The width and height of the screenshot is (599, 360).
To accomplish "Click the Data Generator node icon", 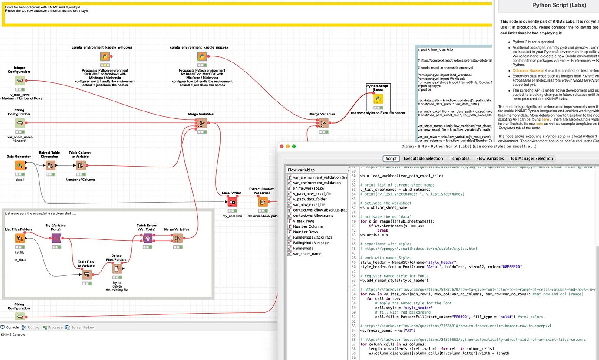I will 19,166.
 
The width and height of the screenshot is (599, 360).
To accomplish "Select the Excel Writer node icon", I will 232,202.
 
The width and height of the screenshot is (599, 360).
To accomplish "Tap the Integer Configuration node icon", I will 20,81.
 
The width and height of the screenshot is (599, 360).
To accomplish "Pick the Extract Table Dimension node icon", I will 50,165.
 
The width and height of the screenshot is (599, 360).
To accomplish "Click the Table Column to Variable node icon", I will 80,165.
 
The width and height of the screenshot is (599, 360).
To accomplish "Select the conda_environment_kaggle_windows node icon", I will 105,56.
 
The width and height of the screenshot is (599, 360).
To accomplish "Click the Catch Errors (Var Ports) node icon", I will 148,238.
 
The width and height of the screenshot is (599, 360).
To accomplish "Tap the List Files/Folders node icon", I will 20,238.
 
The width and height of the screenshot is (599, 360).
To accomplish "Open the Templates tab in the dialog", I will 459,158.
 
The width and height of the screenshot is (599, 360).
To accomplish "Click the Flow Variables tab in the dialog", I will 490,158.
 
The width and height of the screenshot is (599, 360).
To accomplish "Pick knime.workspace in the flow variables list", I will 308,188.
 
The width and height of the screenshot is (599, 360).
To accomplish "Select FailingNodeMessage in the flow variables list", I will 311,243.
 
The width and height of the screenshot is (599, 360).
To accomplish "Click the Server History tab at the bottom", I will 82,327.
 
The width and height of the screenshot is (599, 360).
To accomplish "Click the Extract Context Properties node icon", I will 263,202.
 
